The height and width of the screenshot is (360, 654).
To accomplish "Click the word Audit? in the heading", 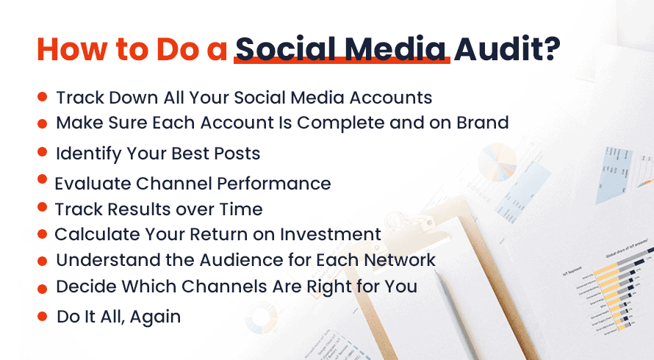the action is pyautogui.click(x=507, y=49).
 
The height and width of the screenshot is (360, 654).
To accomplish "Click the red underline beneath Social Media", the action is pyautogui.click(x=342, y=60).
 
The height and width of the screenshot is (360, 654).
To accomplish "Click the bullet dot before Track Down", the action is pyautogui.click(x=42, y=97).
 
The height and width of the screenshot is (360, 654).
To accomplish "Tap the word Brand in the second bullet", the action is pyautogui.click(x=483, y=123).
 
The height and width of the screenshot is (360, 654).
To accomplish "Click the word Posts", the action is pyautogui.click(x=237, y=154).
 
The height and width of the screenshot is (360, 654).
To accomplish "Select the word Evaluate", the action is pyautogui.click(x=93, y=184).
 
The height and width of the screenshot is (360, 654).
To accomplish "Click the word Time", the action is pyautogui.click(x=241, y=209).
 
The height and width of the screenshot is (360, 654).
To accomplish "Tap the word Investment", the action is pyautogui.click(x=331, y=234).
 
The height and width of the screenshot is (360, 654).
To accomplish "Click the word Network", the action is pyautogui.click(x=400, y=260).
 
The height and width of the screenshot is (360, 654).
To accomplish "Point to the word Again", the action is pyautogui.click(x=155, y=317).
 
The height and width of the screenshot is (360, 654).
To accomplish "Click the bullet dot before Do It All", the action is pyautogui.click(x=42, y=316).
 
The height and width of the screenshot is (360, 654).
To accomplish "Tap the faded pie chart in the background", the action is pyautogui.click(x=497, y=162).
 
